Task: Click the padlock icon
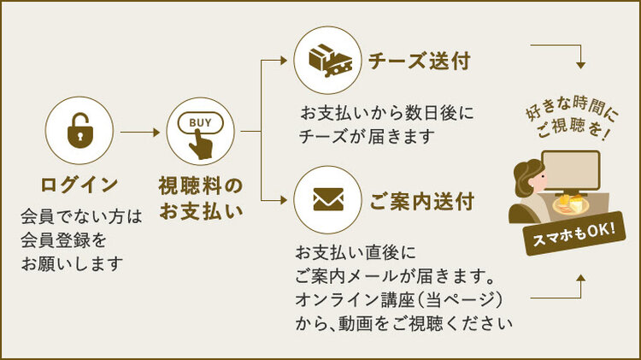[79, 131]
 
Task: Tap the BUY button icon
[200, 135]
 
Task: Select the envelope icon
[328, 199]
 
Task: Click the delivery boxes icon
[330, 61]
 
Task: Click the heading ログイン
[79, 185]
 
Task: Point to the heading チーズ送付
[420, 61]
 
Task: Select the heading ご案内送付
[422, 201]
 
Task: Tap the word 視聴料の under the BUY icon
[200, 186]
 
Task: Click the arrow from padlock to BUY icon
[140, 133]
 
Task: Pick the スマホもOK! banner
[574, 233]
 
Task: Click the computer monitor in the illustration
[572, 173]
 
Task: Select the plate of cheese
[571, 204]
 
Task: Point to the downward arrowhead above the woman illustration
[580, 65]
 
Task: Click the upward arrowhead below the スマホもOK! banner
[580, 278]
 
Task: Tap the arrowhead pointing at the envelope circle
[284, 200]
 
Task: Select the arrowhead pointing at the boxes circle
[284, 61]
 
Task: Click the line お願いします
[72, 263]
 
